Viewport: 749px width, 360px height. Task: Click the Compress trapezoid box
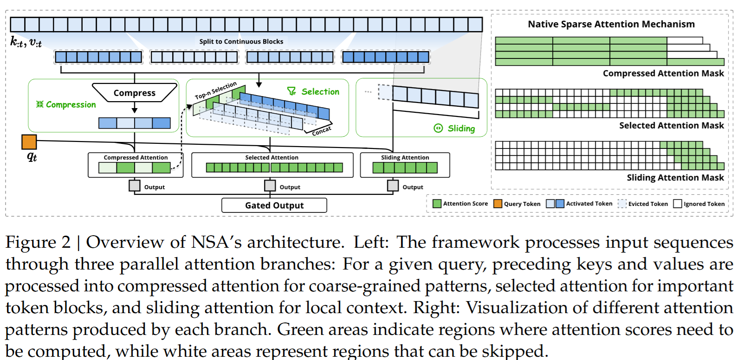135,93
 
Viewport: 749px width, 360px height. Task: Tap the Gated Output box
274,206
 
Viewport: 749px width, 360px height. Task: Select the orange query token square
29,142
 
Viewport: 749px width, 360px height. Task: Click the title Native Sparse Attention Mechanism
611,24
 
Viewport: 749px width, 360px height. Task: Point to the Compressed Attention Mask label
663,73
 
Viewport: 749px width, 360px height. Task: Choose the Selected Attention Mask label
671,126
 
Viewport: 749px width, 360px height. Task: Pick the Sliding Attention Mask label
675,178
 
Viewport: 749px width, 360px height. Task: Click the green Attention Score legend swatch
437,204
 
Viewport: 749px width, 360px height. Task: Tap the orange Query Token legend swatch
498,204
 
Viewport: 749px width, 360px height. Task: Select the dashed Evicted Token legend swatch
622,204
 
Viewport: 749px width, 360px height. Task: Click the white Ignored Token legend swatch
678,204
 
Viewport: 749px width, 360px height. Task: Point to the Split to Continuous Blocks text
241,42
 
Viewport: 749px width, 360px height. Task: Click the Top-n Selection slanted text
216,90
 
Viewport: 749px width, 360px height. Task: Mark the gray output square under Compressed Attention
135,186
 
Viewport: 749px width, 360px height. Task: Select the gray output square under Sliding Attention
393,186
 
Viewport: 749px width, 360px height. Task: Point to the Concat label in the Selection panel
322,131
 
